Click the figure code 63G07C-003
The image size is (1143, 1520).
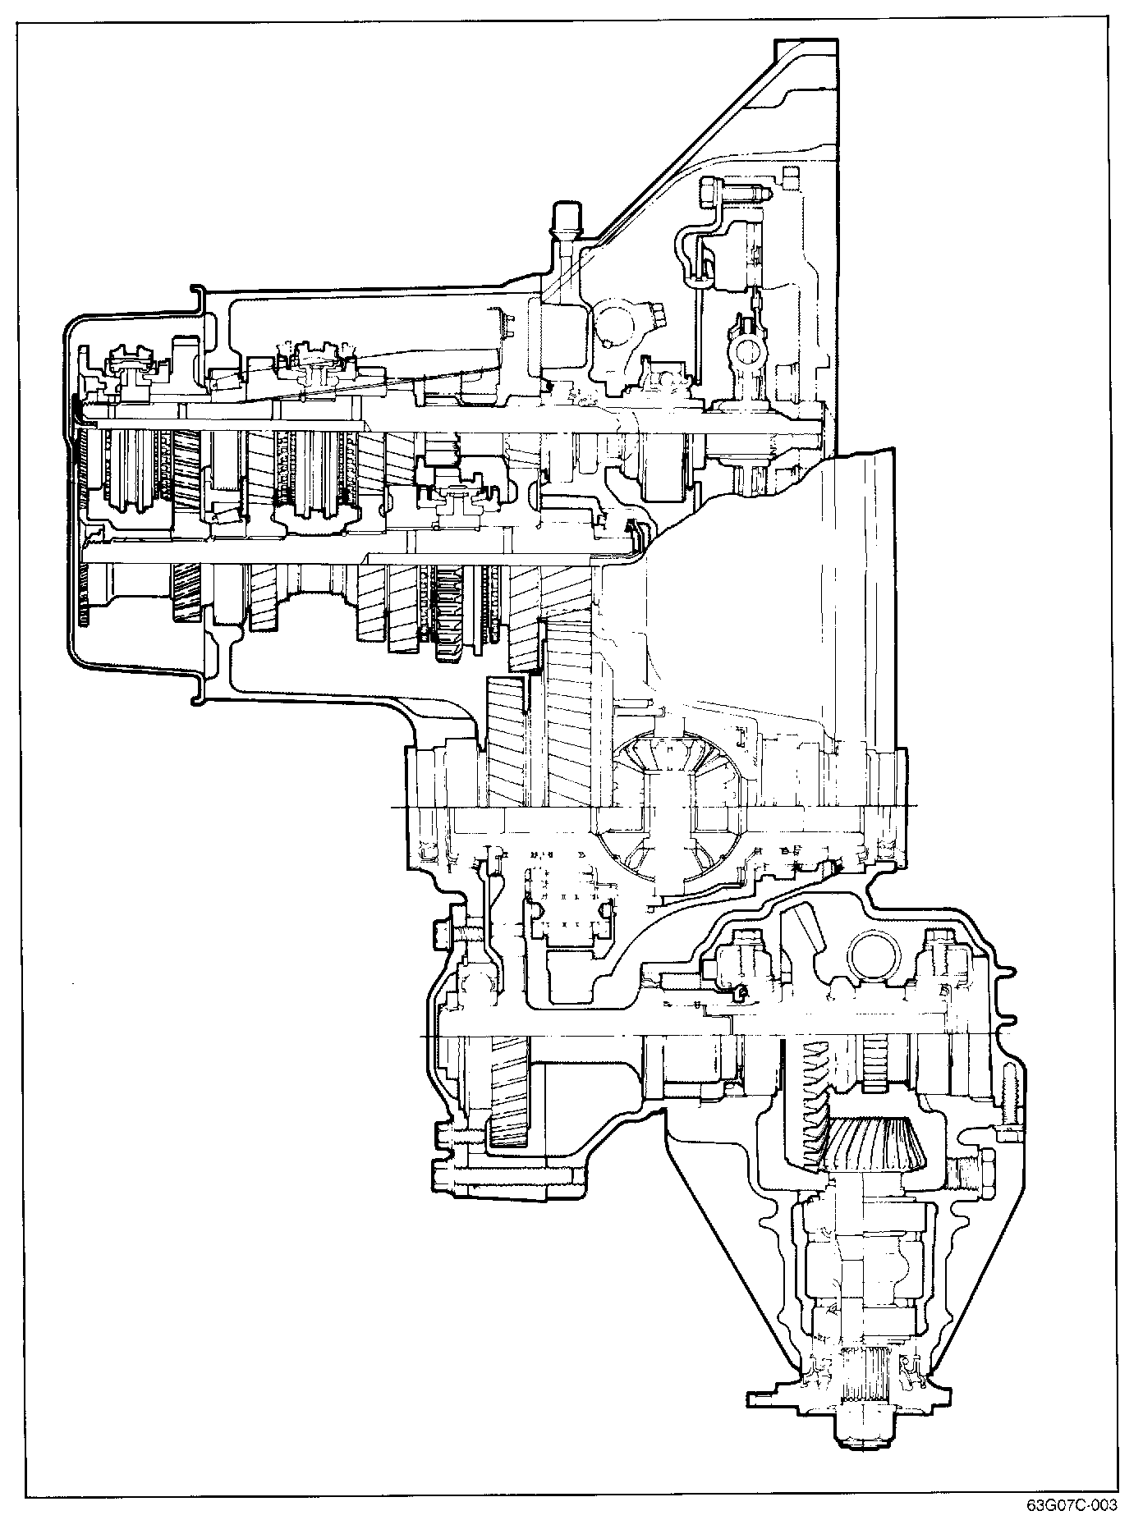[x=1071, y=1505]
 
